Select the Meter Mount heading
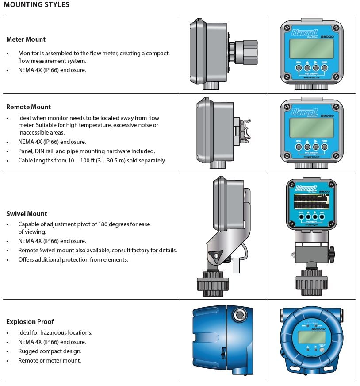(26, 39)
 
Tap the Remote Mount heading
(28, 107)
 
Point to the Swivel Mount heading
(27, 214)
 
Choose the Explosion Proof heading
(30, 322)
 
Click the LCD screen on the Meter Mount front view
(311, 48)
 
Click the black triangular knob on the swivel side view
(216, 255)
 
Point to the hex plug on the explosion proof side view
(239, 316)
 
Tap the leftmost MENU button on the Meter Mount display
(299, 68)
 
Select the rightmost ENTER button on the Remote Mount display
(325, 146)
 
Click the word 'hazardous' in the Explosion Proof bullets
(56, 332)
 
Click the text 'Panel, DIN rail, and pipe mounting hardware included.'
(86, 151)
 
